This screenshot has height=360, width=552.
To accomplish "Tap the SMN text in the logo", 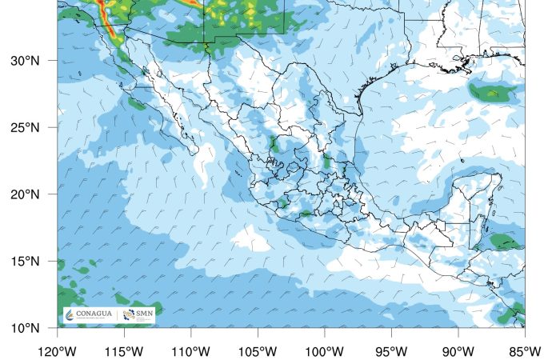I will [145, 313].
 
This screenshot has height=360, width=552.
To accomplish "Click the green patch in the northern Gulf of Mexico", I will [489, 90].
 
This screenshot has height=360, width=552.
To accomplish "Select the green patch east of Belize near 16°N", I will [503, 241].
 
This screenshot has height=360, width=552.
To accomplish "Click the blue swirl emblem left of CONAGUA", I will [70, 314].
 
